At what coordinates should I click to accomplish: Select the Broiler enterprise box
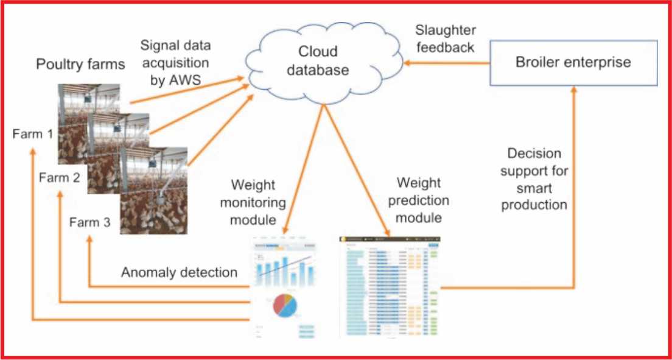(573, 62)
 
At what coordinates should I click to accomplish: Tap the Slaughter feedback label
(446, 39)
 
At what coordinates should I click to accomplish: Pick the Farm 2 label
(59, 178)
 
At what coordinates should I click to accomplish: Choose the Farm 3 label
(89, 222)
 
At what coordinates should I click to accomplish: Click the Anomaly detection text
(179, 272)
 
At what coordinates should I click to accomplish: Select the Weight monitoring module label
(256, 201)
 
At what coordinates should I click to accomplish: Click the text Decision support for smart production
(534, 178)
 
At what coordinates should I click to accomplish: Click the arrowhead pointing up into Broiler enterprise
(573, 90)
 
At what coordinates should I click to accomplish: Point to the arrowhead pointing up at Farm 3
(89, 240)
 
